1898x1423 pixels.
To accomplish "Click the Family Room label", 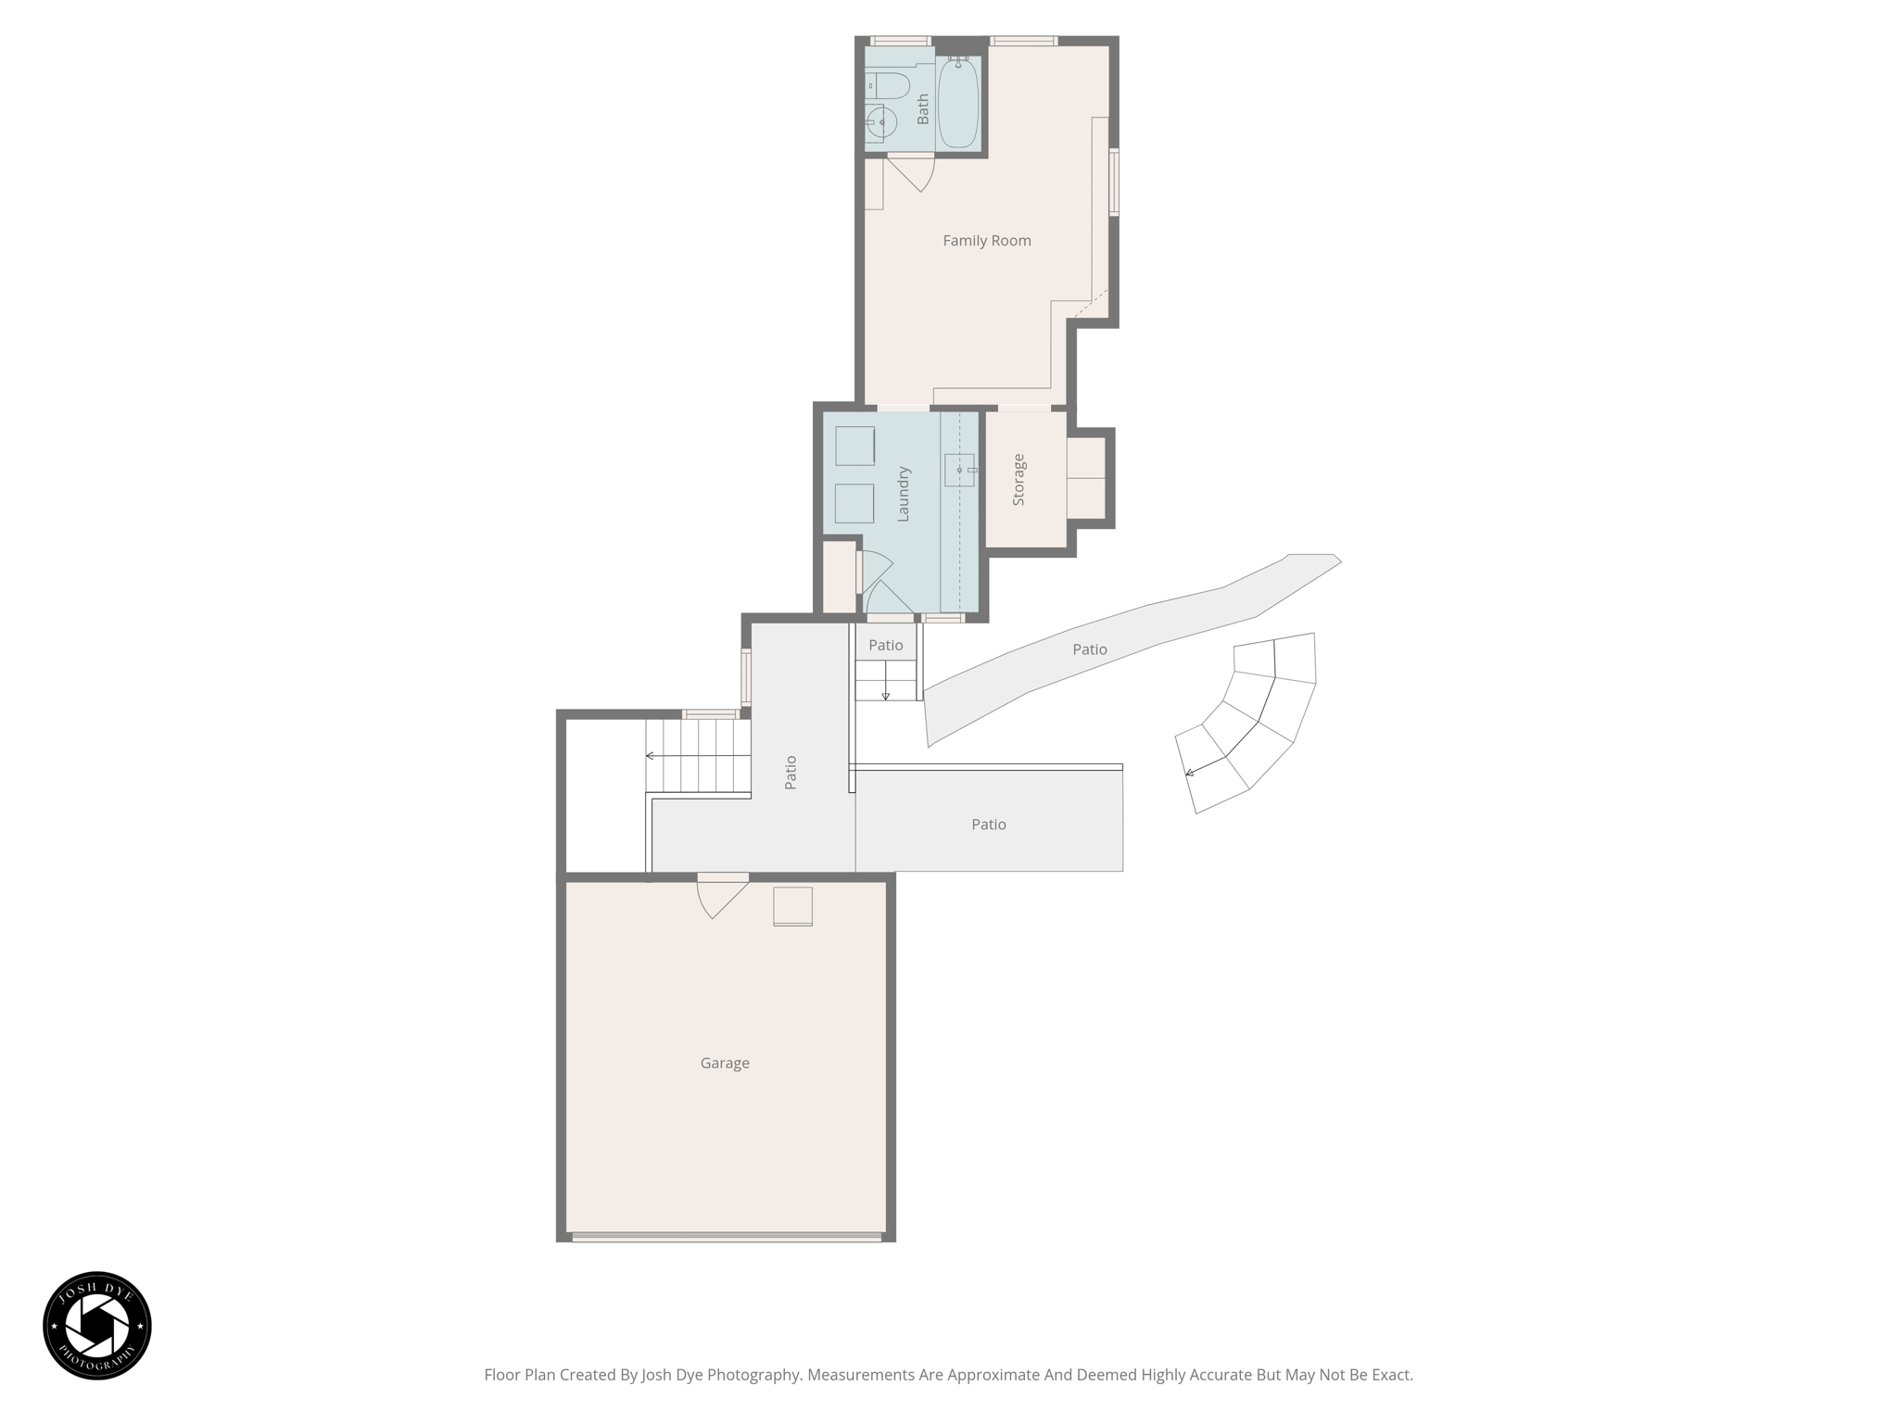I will coord(986,241).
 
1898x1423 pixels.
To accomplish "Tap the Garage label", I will coord(725,1064).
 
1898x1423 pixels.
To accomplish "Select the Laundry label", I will coord(904,494).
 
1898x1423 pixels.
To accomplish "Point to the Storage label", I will coord(1019,479).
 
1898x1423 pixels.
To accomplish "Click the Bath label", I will coord(923,109).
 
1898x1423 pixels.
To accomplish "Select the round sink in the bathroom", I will coord(881,122).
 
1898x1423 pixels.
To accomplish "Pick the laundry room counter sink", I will coord(959,471).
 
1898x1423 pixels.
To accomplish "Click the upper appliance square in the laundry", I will coord(854,446).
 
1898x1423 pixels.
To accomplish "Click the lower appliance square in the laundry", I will coord(854,503).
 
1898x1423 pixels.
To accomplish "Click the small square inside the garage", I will coord(793,906).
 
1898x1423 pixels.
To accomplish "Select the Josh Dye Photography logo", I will coord(97,1326).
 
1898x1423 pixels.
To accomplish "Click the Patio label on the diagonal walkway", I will coord(1090,650).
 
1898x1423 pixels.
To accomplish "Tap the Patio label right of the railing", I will coord(989,825).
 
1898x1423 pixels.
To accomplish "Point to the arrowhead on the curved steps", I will coord(1189,773).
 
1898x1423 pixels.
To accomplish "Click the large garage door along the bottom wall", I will coord(727,1236).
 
